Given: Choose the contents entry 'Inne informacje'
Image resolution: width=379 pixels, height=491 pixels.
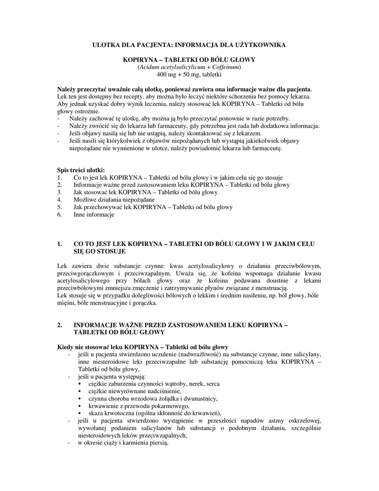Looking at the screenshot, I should [x=94, y=215].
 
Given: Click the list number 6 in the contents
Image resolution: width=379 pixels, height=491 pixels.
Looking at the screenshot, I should [x=59, y=215].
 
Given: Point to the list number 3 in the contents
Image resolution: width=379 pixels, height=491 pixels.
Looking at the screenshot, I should [x=59, y=192].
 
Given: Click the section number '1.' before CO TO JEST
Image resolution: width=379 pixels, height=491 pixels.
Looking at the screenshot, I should [x=59, y=244].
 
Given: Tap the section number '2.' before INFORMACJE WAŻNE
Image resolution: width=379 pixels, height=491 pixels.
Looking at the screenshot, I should [x=59, y=325].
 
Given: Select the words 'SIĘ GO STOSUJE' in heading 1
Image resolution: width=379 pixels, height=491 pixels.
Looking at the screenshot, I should [x=100, y=251].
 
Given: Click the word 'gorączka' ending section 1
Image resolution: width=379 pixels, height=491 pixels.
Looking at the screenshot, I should [x=145, y=303].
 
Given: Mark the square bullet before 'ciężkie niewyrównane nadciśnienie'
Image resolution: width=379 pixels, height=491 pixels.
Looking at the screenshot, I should [x=79, y=391].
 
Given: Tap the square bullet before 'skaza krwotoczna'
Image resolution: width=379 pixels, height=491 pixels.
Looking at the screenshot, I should [x=79, y=413].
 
